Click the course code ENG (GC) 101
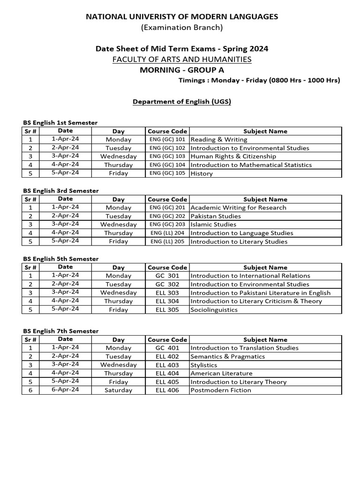(x=167, y=140)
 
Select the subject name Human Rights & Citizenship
(x=233, y=157)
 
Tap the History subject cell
(x=202, y=173)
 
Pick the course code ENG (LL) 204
(x=167, y=233)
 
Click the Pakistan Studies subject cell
(x=216, y=216)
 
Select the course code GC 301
(x=167, y=276)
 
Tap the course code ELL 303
(x=167, y=292)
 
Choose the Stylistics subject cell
(x=204, y=365)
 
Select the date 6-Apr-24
(x=66, y=390)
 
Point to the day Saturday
(x=119, y=390)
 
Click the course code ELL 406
(x=167, y=390)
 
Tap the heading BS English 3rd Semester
(x=61, y=191)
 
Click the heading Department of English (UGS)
(x=182, y=101)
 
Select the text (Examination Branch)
(x=182, y=28)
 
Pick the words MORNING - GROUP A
(x=182, y=70)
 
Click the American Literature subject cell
(x=221, y=374)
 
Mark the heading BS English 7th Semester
(x=61, y=331)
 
